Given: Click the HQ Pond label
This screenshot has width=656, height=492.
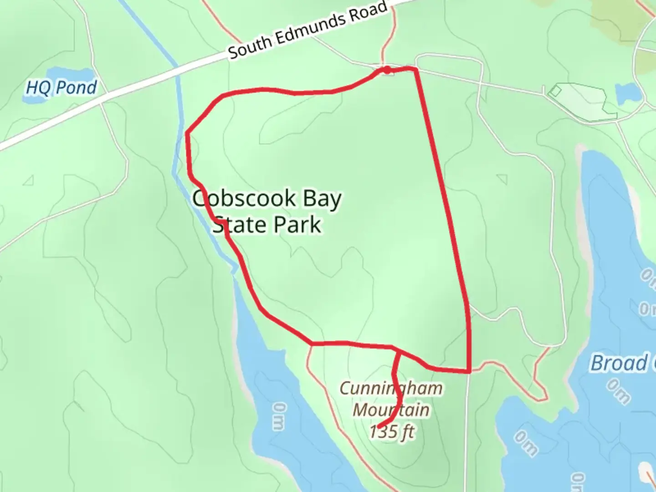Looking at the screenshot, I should pos(61,87).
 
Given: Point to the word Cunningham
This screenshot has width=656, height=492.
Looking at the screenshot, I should pos(391,389).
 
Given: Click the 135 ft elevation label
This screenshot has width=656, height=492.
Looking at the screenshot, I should pos(392,432).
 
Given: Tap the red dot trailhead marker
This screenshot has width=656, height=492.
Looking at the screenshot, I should pos(387,70).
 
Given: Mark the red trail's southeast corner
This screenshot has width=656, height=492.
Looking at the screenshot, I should pos(469,371).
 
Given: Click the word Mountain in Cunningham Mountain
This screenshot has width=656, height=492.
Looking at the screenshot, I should pos(391,410).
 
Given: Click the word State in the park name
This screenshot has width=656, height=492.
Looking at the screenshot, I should pos(236,225).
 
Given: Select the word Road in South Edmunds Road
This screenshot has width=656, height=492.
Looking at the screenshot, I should pos(368,13).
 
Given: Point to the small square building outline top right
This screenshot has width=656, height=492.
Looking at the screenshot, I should pos(555,92).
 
